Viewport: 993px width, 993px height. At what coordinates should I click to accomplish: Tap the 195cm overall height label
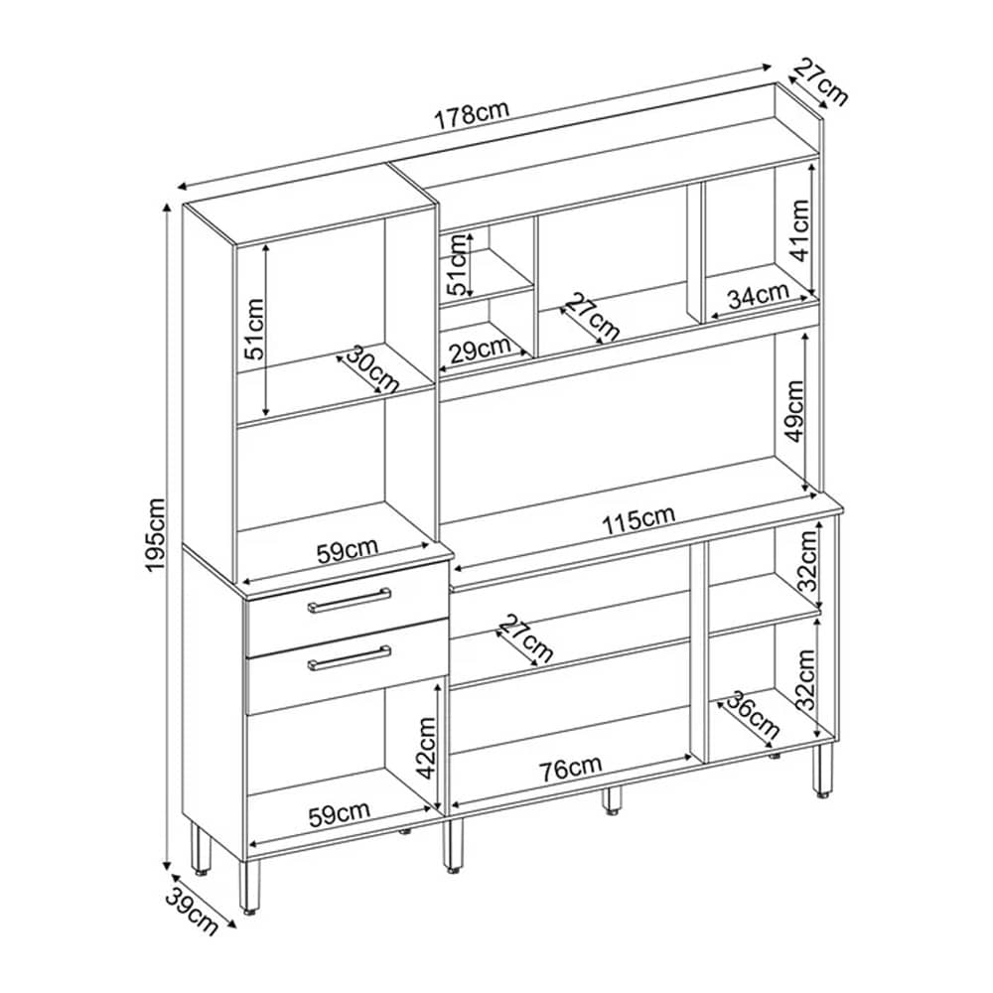pyautogui.click(x=155, y=535)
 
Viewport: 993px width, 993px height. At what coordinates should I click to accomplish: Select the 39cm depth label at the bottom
pyautogui.click(x=192, y=912)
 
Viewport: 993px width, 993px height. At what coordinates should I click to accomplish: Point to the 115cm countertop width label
pyautogui.click(x=638, y=520)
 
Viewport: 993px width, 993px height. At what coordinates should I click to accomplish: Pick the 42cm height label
pyautogui.click(x=425, y=748)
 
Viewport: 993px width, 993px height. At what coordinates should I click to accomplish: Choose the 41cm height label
pyautogui.click(x=798, y=231)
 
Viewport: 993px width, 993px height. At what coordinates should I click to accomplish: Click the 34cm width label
pyautogui.click(x=758, y=295)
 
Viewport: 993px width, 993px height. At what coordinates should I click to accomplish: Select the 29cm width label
pyautogui.click(x=479, y=350)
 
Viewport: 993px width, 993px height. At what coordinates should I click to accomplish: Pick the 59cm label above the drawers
pyautogui.click(x=347, y=551)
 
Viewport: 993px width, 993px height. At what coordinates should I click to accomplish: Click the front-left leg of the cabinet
pyautogui.click(x=249, y=886)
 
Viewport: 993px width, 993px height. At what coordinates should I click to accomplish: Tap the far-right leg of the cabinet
pyautogui.click(x=822, y=770)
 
